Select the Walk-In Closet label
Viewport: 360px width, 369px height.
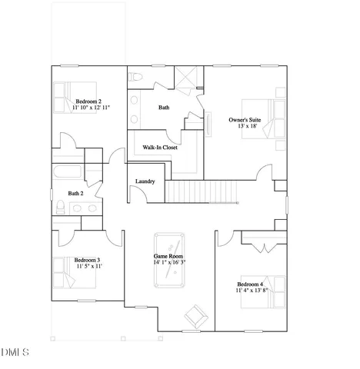click(x=160, y=148)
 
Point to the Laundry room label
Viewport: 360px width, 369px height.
click(x=145, y=181)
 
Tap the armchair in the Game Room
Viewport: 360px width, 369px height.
click(x=195, y=315)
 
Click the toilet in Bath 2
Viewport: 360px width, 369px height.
click(x=60, y=206)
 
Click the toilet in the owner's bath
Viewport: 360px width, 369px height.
click(x=135, y=75)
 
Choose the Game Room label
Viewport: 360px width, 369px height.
click(x=168, y=255)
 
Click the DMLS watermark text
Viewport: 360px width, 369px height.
click(x=15, y=353)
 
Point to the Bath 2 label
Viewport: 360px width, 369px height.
click(x=75, y=194)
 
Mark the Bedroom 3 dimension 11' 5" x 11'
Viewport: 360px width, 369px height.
click(x=87, y=268)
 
